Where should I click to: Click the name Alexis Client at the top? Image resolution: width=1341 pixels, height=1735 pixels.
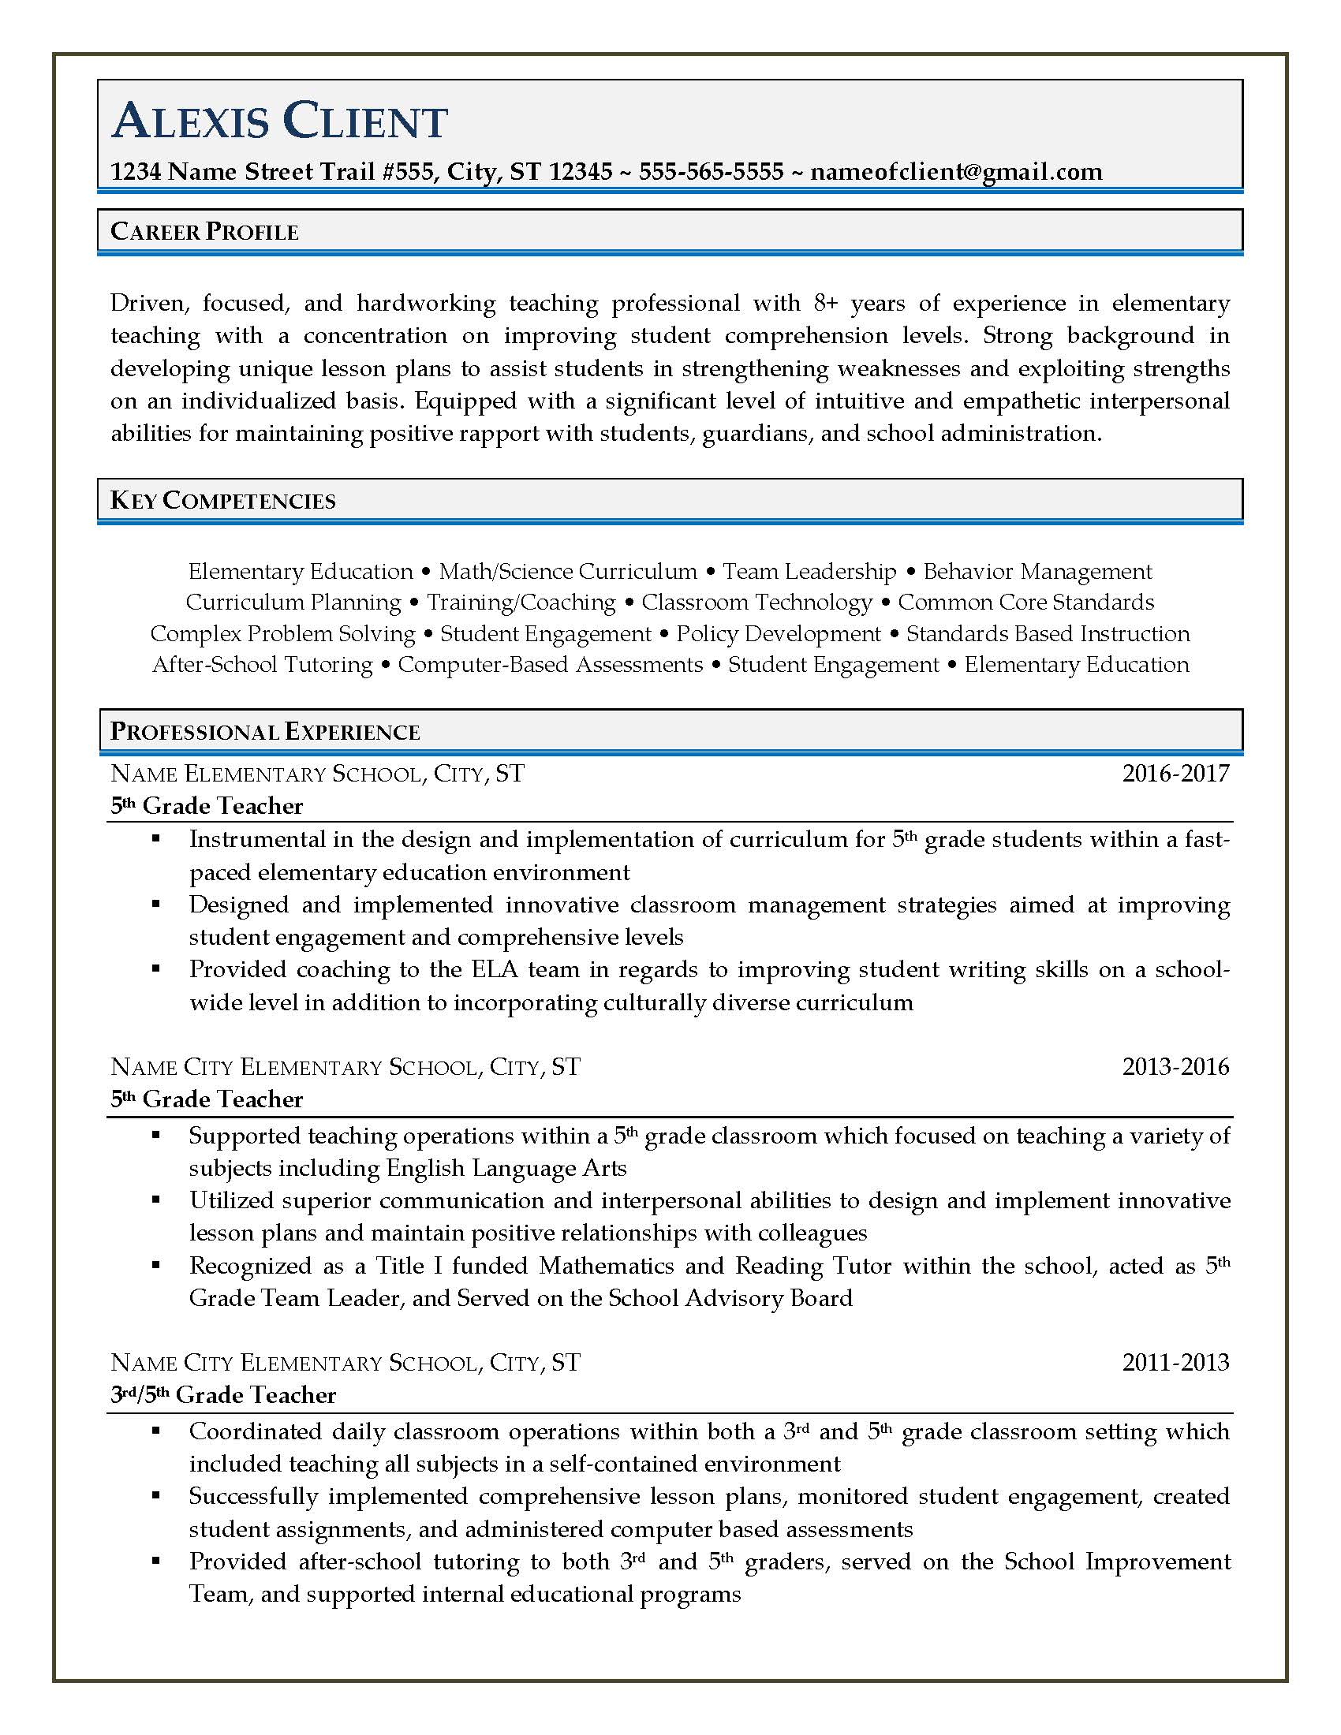(280, 121)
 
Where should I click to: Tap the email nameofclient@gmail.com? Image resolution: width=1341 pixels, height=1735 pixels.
(956, 172)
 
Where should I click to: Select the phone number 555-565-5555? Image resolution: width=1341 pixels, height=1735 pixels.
(711, 172)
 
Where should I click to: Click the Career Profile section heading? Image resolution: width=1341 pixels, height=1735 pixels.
(204, 232)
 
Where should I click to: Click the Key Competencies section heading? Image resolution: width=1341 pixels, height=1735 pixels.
(222, 501)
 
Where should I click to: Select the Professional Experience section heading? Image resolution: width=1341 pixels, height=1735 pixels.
(264, 732)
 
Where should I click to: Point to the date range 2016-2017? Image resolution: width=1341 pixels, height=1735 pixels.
(1175, 773)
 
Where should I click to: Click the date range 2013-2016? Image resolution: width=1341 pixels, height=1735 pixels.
(1175, 1066)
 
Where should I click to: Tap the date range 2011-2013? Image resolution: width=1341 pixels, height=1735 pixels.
(1175, 1363)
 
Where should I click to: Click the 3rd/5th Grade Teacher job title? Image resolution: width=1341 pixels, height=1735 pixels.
(223, 1395)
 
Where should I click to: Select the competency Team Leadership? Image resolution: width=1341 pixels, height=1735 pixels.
(809, 571)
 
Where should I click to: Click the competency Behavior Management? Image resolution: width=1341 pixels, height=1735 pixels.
(1037, 571)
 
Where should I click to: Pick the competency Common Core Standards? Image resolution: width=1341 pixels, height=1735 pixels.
(1025, 603)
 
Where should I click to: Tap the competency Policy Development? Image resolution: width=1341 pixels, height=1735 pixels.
(778, 633)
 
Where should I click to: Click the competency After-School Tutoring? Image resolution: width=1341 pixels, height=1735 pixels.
(262, 664)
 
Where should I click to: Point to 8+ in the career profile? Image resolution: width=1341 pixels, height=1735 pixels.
(826, 303)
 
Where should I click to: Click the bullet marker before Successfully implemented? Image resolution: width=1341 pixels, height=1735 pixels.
(155, 1496)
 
